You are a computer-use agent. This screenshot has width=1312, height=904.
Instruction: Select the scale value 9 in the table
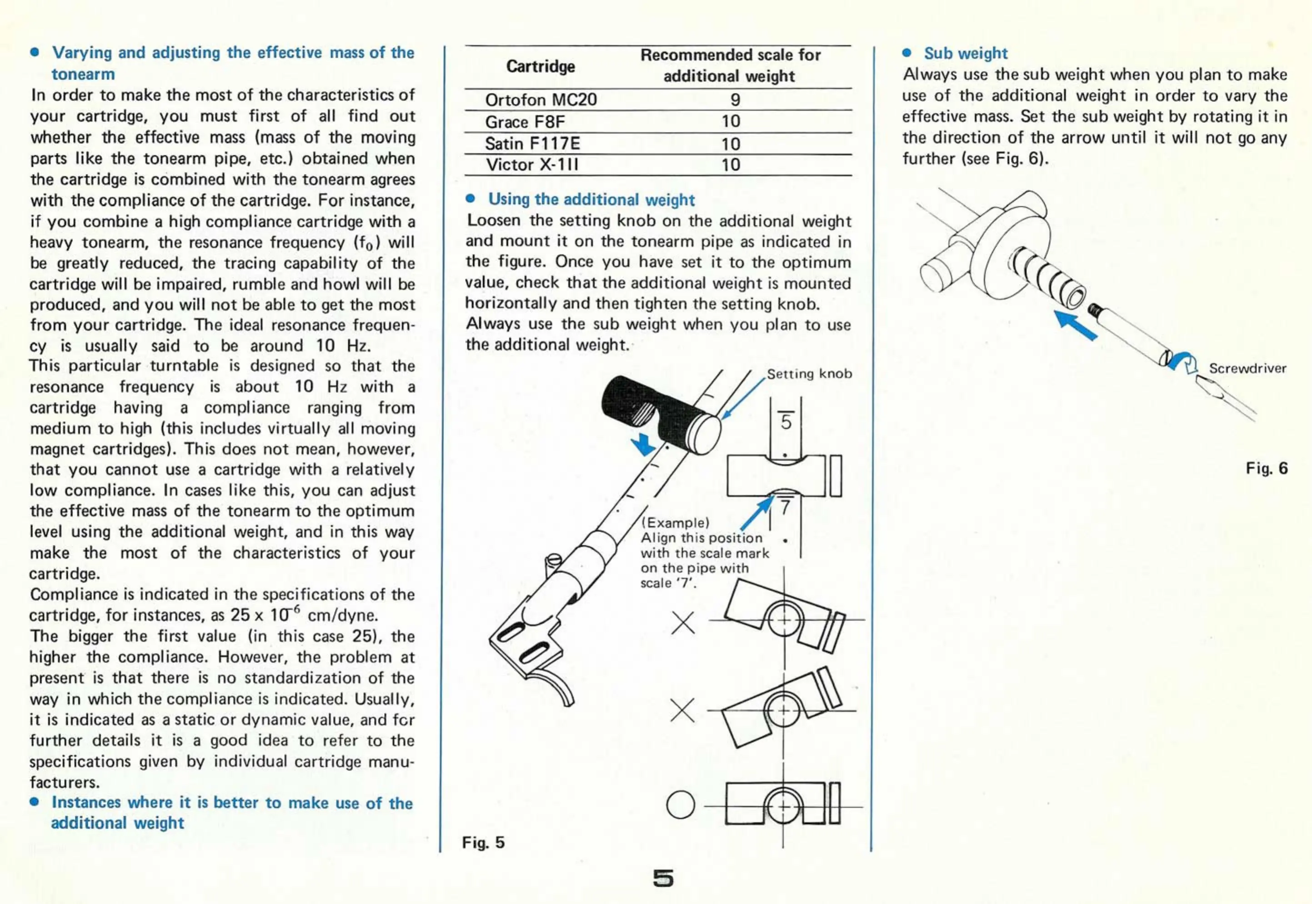735,99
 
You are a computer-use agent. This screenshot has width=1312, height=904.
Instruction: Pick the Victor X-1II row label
531,165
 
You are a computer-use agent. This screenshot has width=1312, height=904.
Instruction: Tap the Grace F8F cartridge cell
525,122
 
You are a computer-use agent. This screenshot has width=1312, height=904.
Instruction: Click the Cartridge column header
540,66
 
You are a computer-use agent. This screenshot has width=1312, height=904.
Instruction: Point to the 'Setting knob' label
809,374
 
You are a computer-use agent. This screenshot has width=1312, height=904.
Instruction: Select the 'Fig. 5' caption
483,842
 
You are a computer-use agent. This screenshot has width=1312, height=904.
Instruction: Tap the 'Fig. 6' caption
1266,468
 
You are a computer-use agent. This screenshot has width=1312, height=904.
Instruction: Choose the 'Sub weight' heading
965,53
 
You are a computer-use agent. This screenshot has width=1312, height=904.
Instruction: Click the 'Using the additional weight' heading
591,199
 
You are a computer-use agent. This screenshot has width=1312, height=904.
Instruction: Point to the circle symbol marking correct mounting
680,805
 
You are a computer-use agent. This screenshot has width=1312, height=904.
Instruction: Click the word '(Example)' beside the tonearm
675,522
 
